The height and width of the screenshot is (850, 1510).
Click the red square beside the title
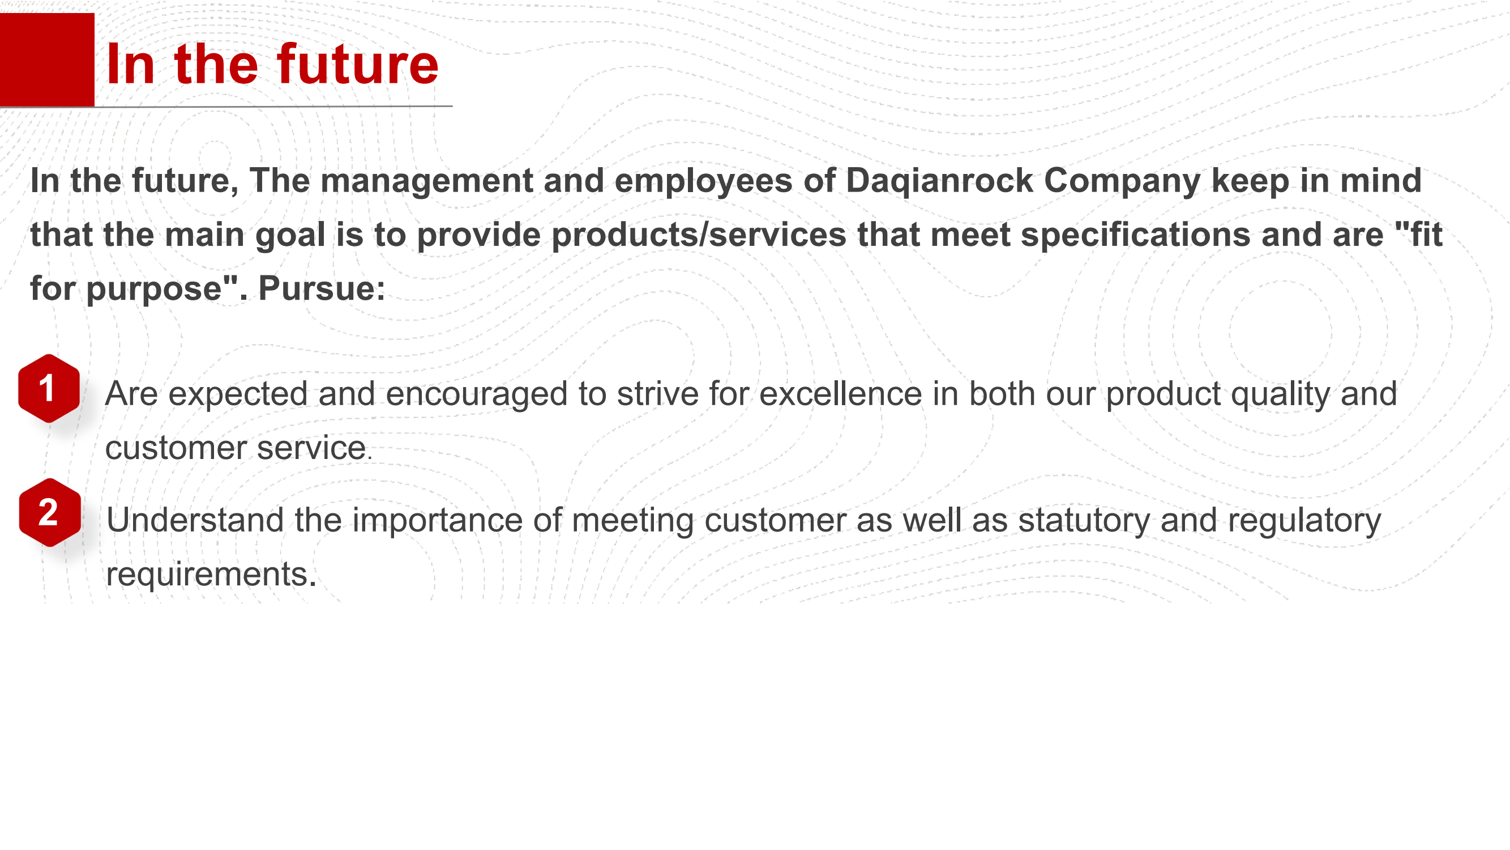[x=47, y=60]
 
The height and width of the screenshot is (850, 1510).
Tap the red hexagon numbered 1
[x=49, y=388]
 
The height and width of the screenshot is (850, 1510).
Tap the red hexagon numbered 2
[x=49, y=513]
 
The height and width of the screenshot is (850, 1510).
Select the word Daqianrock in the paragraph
[x=939, y=181]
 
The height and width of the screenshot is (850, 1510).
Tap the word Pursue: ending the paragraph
[x=322, y=288]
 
